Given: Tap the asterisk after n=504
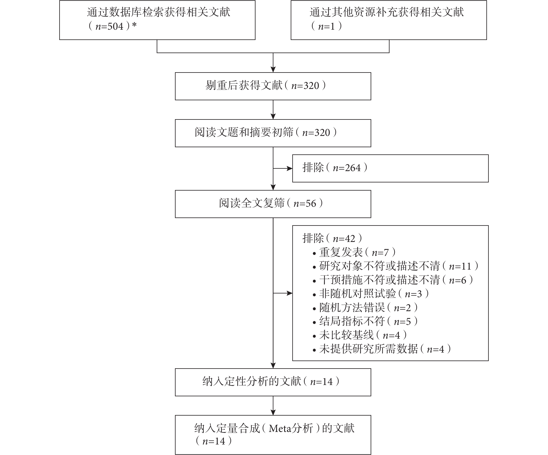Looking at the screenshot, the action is coord(134,25).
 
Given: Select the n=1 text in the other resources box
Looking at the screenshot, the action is coord(326,26).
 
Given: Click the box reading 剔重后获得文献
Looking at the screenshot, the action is coord(273,86).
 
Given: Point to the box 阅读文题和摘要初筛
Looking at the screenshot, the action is coord(273,133).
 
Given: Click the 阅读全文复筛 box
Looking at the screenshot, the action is coord(273,204).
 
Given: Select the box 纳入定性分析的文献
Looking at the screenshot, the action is coord(273,382).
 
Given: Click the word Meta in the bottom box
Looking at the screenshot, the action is coord(279,428).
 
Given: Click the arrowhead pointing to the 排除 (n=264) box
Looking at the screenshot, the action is coord(290,168).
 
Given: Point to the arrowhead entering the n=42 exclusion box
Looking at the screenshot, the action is coord(290,293).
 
